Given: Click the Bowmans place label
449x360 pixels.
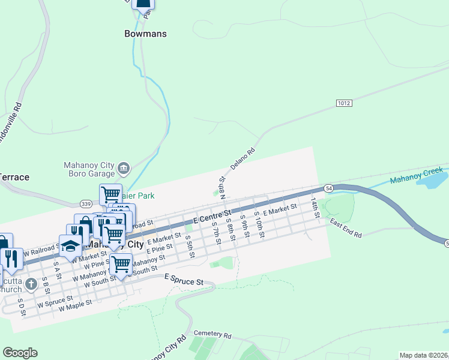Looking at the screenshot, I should pos(145,34).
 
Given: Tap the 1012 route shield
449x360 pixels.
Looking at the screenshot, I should pos(343,103).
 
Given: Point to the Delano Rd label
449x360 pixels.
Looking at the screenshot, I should pos(243,159).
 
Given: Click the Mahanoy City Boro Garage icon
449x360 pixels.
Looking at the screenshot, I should pos(124,167).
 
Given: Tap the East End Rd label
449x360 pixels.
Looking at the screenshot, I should pos(346,228).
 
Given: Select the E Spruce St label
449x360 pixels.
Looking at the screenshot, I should pos(184,280).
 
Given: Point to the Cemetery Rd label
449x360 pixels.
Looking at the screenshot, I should pos(212,334).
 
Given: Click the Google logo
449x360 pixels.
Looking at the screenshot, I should pos(20,353).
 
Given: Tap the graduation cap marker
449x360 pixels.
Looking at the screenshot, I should pos(70,247).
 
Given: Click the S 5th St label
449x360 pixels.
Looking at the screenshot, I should pos(190,247).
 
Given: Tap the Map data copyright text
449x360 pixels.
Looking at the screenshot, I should pos(424,355).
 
